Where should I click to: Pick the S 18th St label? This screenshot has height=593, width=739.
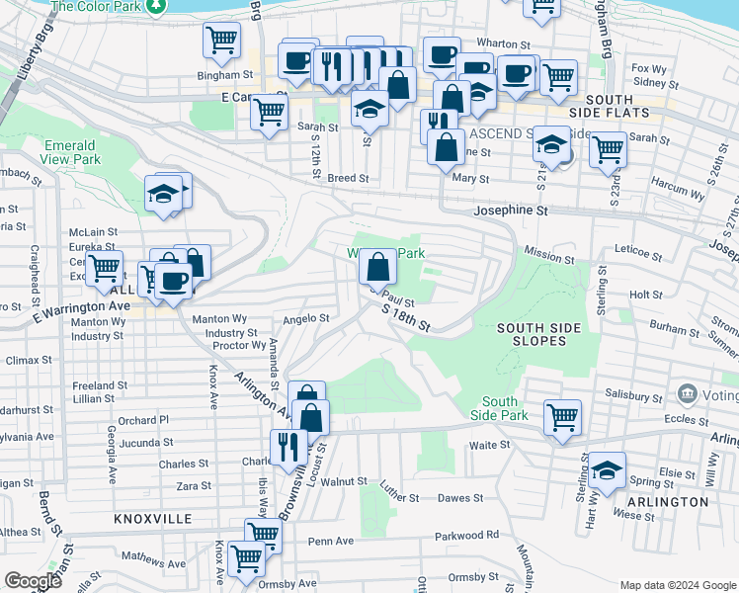click(407, 317)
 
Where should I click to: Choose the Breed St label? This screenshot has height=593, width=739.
click(348, 179)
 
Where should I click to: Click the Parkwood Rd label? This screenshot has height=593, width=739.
click(466, 536)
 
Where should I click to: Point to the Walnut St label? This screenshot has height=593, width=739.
click(344, 481)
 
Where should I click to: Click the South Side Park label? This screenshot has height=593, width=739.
click(500, 408)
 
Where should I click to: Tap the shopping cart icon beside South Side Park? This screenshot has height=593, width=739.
click(562, 416)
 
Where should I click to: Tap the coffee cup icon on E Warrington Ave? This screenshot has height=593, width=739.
click(173, 280)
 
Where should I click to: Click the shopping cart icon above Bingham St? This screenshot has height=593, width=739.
click(222, 40)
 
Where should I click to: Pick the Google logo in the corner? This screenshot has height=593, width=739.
click(33, 581)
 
